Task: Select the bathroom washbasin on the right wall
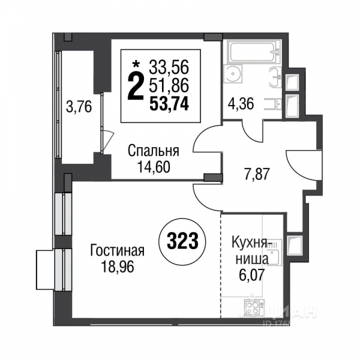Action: coord(274,76)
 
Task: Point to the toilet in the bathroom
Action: coord(274,103)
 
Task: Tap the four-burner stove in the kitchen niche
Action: coord(252,310)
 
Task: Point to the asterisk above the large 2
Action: coord(136,62)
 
